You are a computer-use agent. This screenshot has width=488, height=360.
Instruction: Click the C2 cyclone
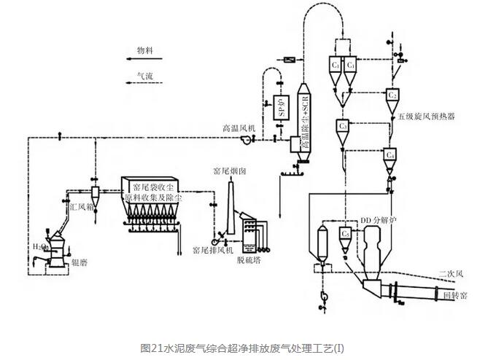coord(392,95)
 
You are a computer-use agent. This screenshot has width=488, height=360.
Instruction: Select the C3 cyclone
coord(345,127)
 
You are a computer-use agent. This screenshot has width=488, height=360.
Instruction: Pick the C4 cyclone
coord(391,156)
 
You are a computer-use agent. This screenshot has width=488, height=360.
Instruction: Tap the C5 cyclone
coord(345,233)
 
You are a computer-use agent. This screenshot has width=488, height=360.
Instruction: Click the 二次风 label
coord(452,274)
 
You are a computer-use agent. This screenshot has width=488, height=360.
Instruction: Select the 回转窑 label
coord(455,296)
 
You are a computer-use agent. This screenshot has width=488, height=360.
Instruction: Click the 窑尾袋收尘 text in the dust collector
coord(163,187)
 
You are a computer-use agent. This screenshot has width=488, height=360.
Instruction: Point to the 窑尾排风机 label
coord(212,250)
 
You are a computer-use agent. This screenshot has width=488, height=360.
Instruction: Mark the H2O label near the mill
coord(38,247)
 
